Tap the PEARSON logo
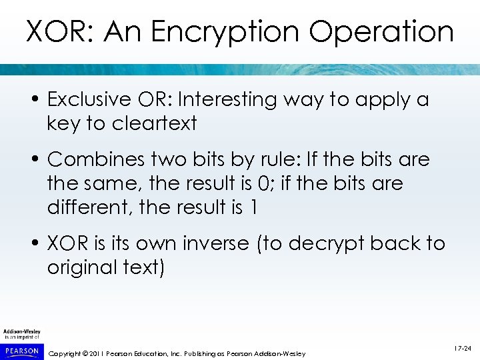click(x=21, y=349)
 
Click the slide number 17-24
click(x=462, y=349)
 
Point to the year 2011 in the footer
click(x=95, y=353)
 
